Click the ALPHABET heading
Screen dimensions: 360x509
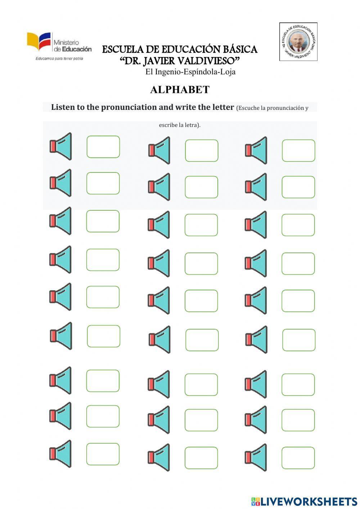pos(180,90)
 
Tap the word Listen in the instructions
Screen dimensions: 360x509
pos(63,107)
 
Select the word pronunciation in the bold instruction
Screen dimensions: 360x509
pos(129,107)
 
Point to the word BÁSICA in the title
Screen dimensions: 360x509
pos(240,49)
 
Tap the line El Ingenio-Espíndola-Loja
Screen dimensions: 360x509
pos(190,72)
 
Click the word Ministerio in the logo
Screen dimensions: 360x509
pos(66,43)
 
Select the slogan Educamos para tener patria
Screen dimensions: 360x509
pos(59,58)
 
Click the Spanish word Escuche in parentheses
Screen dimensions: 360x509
pos(248,108)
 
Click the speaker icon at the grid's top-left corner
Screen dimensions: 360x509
pos(61,146)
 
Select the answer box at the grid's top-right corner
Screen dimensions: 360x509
pos(298,151)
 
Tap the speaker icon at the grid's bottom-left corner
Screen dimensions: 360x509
pos(60,454)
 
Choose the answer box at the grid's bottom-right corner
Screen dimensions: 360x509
pos(298,458)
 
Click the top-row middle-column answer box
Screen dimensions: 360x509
pos(202,151)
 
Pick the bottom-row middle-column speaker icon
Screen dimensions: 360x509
pos(159,457)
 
